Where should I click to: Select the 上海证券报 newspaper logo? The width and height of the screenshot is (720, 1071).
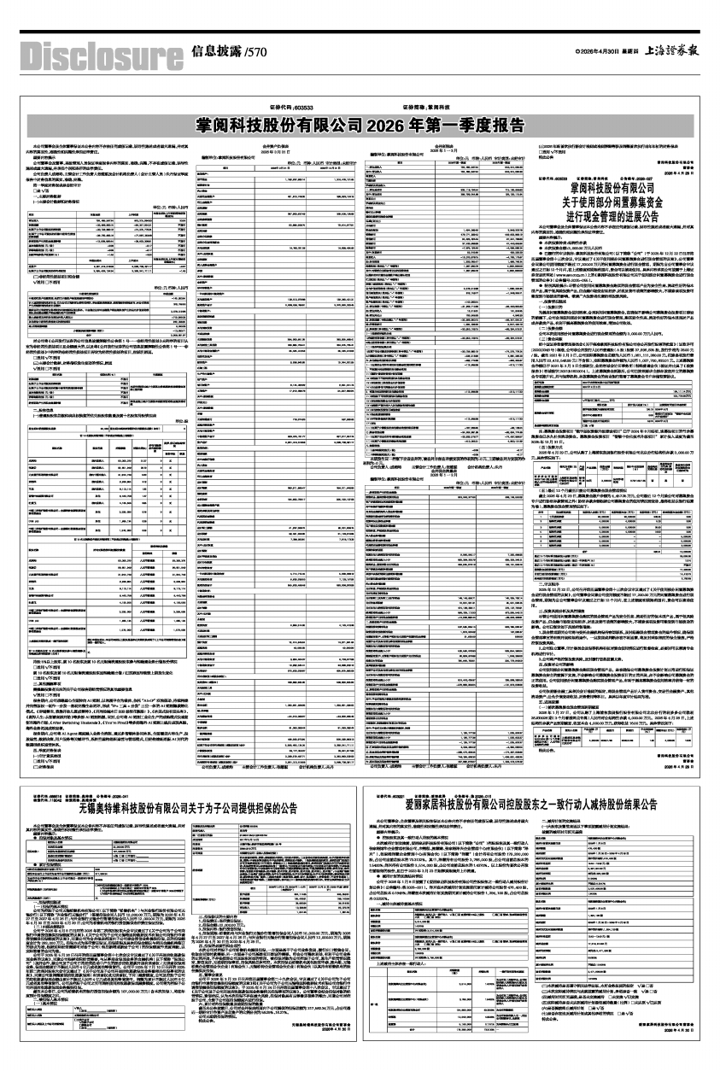671,50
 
